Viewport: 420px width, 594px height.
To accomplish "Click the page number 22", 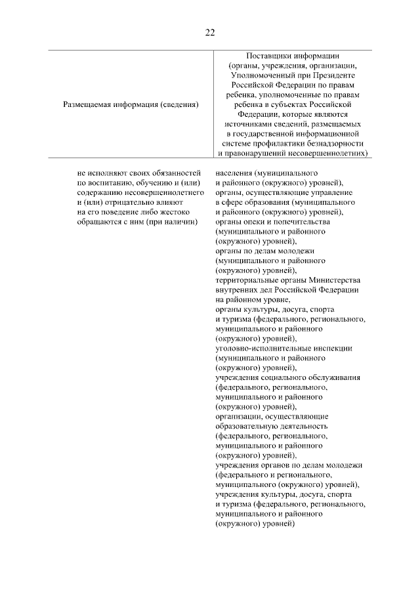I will (x=209, y=32).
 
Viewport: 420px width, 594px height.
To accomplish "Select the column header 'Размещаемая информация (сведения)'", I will (x=131, y=104).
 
